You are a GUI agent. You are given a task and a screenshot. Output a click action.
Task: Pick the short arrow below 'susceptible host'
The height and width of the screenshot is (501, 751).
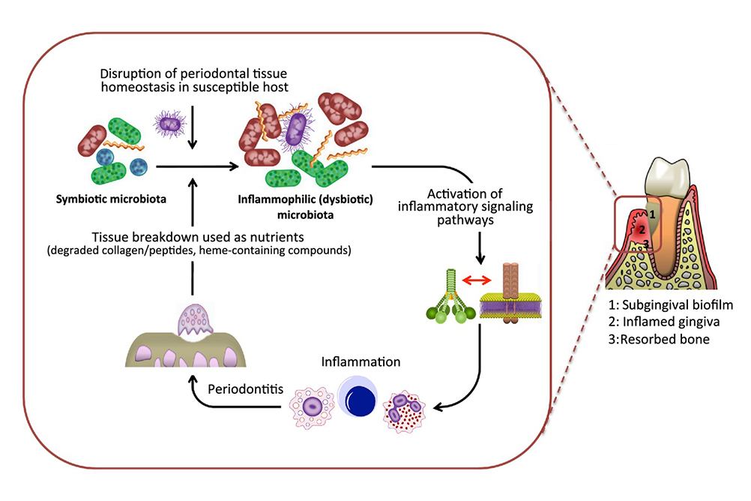click(194, 127)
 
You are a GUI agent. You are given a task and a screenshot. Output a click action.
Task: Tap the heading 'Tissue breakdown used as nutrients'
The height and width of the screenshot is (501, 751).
click(195, 234)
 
